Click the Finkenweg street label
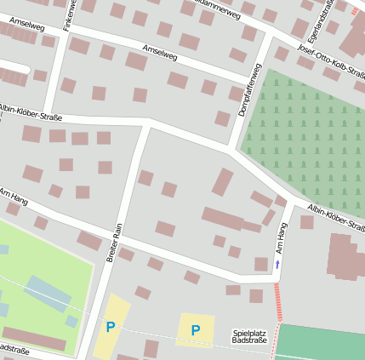tap(68, 15)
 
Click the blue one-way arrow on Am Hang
tap(277, 265)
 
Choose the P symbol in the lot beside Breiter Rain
tap(110, 326)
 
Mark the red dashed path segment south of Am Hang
tap(277, 302)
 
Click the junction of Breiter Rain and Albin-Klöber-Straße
tap(147, 123)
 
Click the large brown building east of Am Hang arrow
tap(345, 256)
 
